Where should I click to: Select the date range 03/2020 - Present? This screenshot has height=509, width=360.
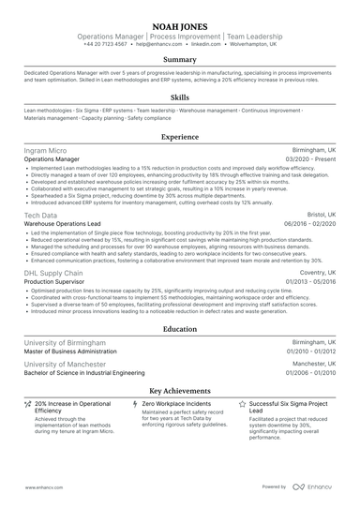(x=309, y=160)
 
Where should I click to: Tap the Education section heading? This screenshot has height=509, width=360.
(x=179, y=329)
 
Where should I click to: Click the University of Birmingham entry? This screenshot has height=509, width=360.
(x=65, y=343)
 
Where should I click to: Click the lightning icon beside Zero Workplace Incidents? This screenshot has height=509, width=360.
(x=136, y=403)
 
